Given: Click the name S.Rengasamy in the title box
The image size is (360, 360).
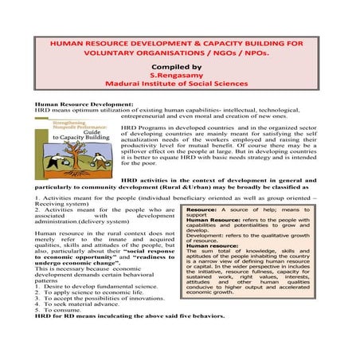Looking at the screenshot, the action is point(179,70).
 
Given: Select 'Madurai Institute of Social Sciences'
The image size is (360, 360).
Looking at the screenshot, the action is point(179,81).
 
